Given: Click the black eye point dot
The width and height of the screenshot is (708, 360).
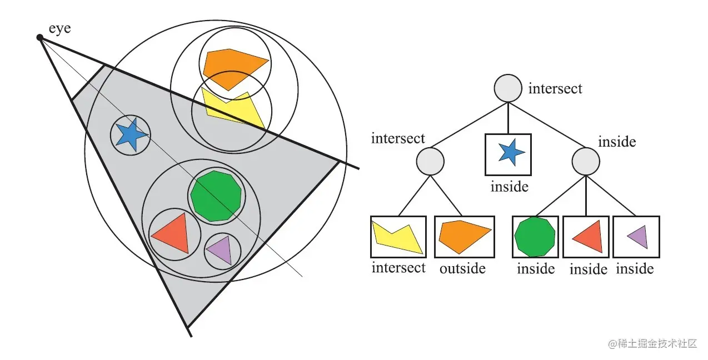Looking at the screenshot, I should (39, 38).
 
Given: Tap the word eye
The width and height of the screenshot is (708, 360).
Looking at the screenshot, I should (59, 28).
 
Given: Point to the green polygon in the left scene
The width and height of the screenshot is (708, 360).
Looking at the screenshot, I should (216, 196).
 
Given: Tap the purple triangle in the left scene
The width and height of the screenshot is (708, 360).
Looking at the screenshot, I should (220, 251).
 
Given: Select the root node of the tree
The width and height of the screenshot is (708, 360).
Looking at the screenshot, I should (508, 88).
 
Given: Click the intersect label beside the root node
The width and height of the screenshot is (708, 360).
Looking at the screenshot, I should (555, 88).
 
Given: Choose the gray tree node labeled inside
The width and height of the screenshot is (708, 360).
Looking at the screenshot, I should (586, 162).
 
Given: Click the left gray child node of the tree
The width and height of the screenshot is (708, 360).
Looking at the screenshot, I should (430, 162).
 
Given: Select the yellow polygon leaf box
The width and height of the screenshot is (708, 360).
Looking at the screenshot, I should (398, 237).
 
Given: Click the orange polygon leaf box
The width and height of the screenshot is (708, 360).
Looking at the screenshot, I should (465, 237).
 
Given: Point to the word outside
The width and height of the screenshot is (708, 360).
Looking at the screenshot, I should (462, 269).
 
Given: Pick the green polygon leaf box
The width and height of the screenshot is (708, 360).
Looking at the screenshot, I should (536, 237).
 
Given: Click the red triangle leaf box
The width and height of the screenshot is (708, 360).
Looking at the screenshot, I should (587, 237).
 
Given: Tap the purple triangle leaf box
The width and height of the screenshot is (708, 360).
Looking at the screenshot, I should (636, 237).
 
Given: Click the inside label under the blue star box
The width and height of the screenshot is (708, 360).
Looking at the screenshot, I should (509, 187).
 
